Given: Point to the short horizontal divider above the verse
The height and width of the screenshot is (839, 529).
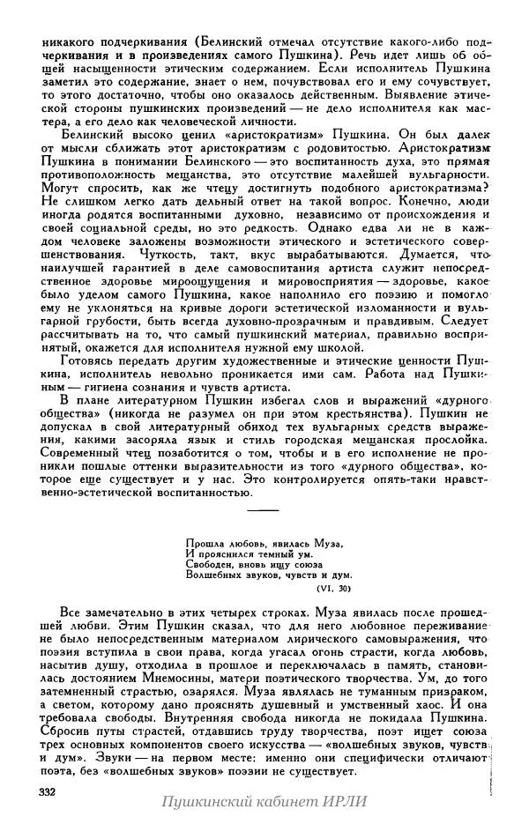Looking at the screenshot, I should pos(263,509).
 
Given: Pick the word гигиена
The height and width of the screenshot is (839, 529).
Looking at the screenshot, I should pos(117,388).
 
